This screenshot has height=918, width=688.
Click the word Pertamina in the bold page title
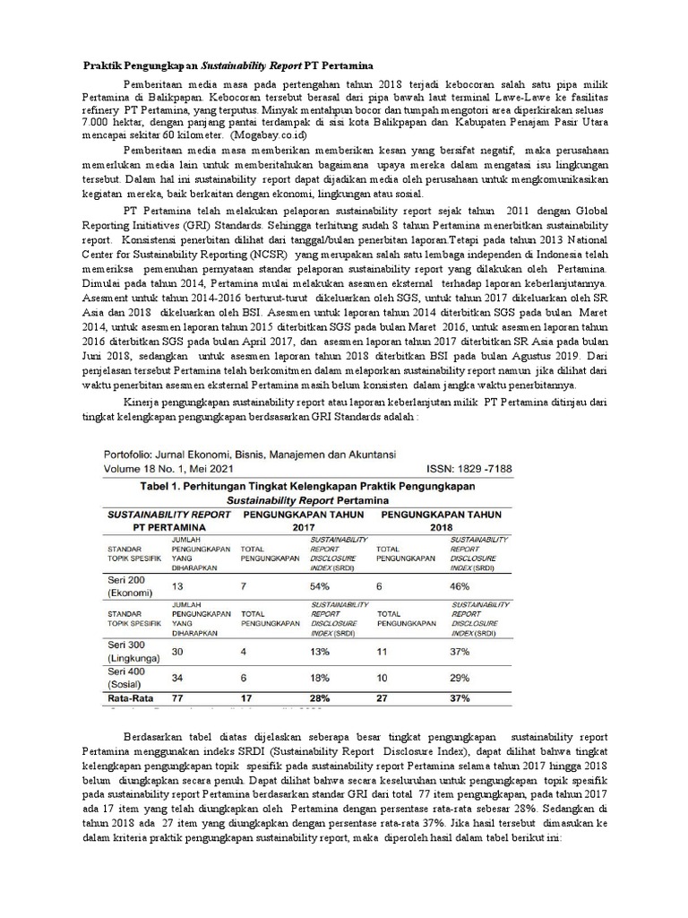[x=345, y=66]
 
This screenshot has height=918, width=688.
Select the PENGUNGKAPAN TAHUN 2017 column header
[x=300, y=522]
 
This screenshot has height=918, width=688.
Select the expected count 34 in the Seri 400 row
[x=177, y=679]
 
